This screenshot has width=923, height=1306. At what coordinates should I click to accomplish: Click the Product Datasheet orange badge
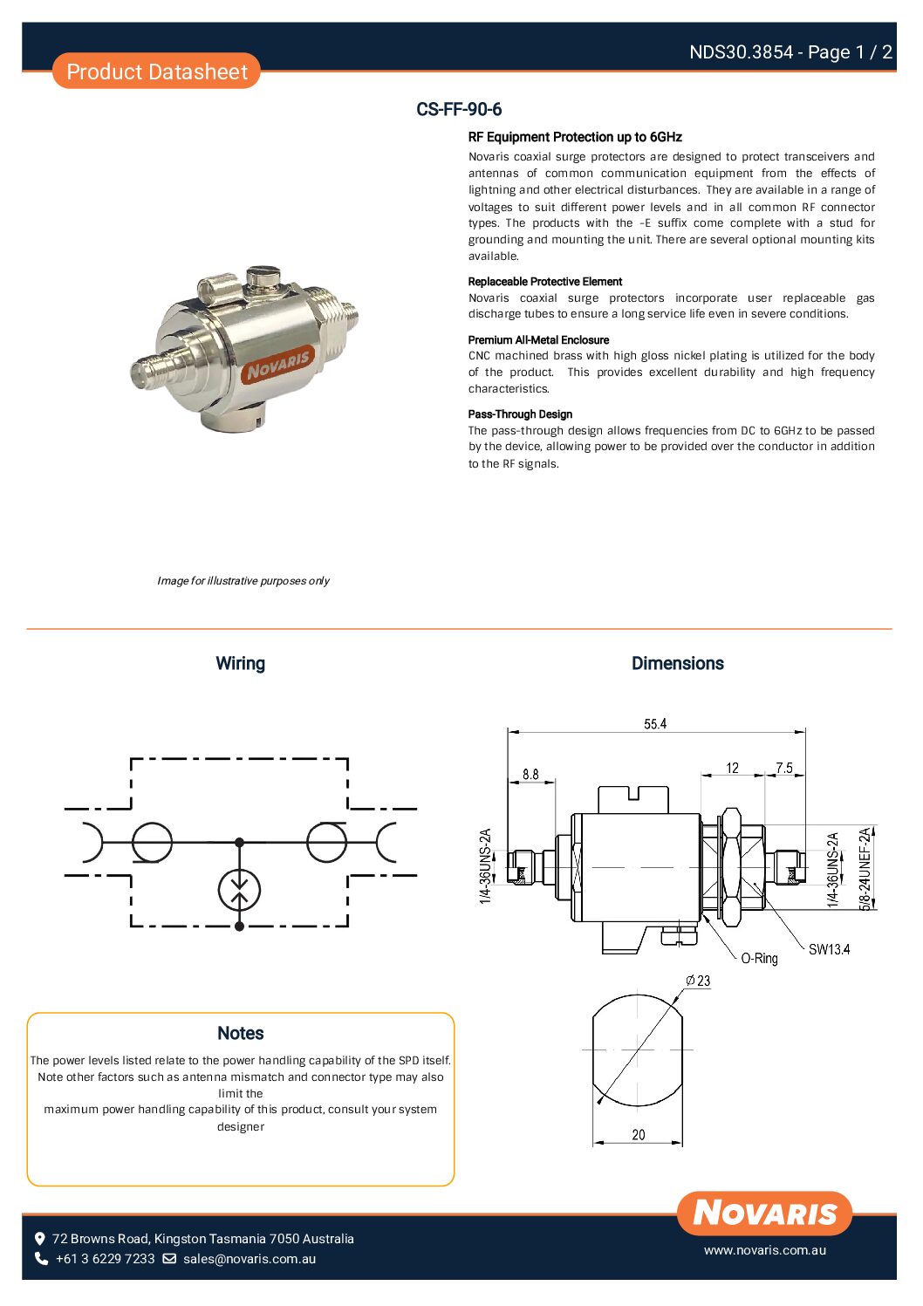click(x=156, y=72)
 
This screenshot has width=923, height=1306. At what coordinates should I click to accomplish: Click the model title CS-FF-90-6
click(x=459, y=110)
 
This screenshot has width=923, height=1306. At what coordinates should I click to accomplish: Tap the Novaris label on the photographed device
click(x=278, y=363)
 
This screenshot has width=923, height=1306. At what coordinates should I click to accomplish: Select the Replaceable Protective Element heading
click(x=544, y=282)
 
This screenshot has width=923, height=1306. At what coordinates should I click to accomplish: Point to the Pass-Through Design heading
click(x=520, y=414)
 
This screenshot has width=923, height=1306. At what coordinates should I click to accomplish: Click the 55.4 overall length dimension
click(x=655, y=724)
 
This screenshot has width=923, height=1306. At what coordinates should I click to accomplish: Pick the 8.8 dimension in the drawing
click(x=530, y=775)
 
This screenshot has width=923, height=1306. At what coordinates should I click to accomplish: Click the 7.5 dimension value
click(x=784, y=768)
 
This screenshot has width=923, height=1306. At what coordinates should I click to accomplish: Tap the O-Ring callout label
click(x=759, y=959)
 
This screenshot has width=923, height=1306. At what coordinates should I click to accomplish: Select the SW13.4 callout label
click(x=829, y=949)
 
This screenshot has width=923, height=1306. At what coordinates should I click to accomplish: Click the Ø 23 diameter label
click(x=699, y=981)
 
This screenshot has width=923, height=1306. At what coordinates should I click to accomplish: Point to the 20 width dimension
click(x=639, y=1135)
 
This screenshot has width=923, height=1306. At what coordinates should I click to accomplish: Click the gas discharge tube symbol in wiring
click(x=239, y=890)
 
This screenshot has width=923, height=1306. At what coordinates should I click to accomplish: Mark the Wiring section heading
click(x=240, y=664)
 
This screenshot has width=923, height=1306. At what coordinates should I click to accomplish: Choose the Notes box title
click(x=240, y=1033)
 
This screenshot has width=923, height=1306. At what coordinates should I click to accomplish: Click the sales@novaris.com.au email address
click(x=250, y=1259)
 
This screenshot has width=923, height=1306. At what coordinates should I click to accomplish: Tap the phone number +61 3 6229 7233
click(x=105, y=1259)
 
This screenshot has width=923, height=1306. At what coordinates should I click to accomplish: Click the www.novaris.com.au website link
click(x=764, y=1250)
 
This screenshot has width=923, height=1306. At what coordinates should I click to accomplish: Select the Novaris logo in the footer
click(x=764, y=1214)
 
